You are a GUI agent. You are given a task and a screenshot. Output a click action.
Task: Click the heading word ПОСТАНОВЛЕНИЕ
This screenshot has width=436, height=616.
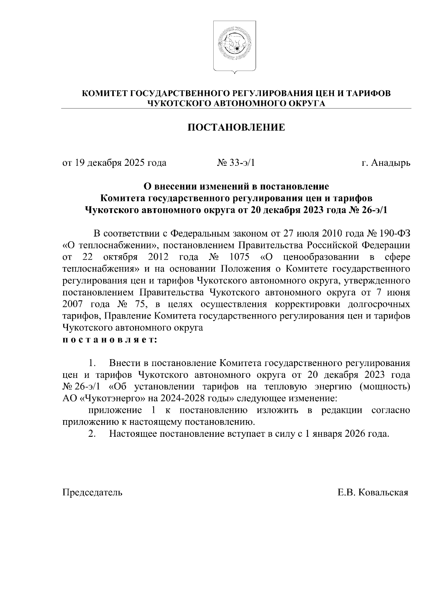236,128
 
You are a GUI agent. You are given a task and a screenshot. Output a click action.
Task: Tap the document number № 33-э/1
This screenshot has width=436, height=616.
236,163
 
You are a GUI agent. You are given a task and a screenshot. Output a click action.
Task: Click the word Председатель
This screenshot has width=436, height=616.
93,492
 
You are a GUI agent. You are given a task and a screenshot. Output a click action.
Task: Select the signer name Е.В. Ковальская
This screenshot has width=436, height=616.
373,492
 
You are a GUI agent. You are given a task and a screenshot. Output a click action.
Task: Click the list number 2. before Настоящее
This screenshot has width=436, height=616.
92,434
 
